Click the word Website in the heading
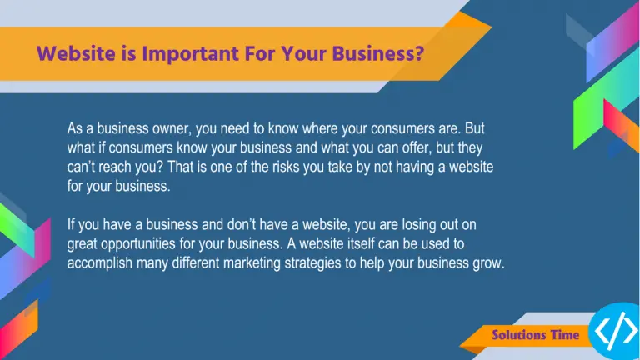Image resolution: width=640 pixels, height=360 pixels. tap(76, 54)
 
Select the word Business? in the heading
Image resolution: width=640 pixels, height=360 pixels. tap(378, 54)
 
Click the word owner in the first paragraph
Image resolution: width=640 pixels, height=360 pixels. tap(172, 128)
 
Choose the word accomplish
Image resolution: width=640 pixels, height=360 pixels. tap(100, 263)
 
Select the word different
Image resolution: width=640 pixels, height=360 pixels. tap(196, 263)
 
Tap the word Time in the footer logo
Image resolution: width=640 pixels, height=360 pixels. tap(565, 335)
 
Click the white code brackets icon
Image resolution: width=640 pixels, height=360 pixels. tap(616, 331)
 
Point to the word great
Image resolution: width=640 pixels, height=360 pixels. tap(82, 244)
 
